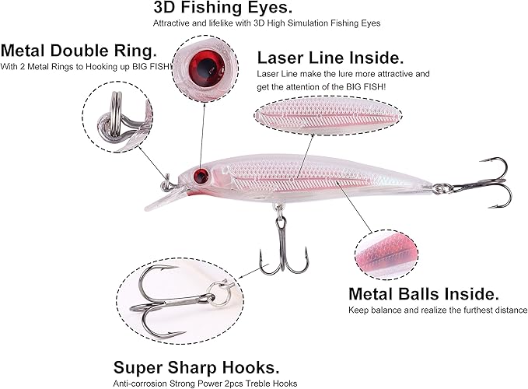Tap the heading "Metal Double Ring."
point(79,51)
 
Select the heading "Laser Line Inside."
point(330,58)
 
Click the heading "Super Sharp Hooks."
point(196,367)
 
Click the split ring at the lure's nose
point(167,184)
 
